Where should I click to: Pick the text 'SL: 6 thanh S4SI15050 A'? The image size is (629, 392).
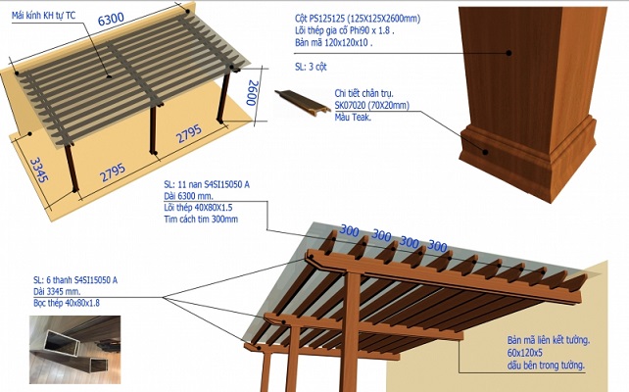tap(75, 280)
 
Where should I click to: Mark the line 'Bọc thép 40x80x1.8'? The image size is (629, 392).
tap(67, 304)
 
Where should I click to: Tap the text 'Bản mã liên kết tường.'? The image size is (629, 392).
tap(533, 340)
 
